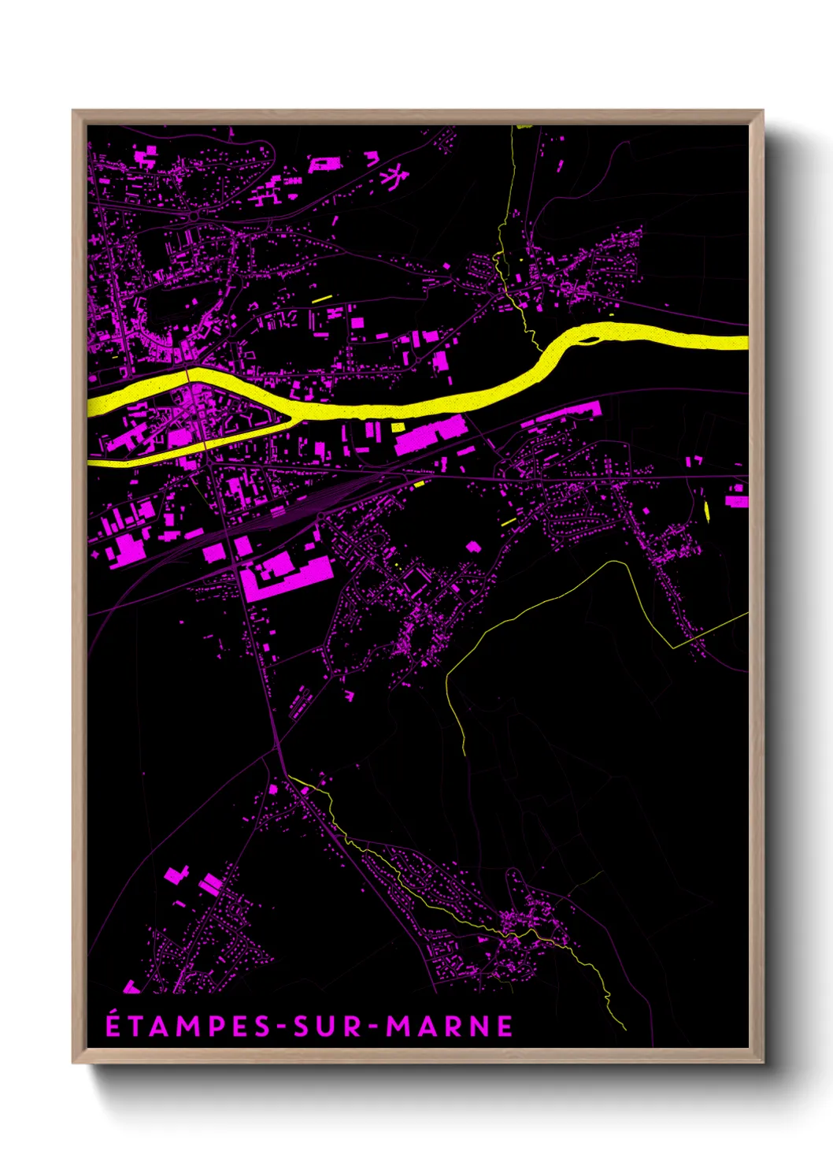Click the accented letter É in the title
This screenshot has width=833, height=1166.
point(114,1025)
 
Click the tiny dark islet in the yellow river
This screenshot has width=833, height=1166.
point(590,341)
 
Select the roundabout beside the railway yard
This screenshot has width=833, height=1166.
point(321,516)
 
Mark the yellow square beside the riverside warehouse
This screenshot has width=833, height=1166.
point(398,427)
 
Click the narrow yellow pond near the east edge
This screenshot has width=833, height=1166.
point(706,511)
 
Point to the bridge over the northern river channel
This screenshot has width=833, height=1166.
point(191,377)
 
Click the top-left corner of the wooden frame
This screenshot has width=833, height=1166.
point(73,111)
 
